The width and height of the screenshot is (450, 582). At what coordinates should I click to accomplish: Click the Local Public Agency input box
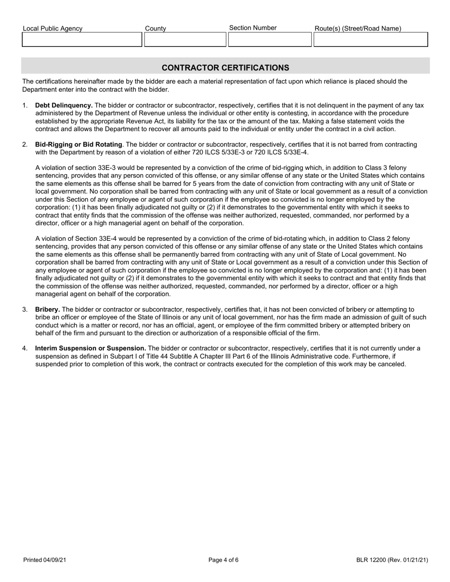click(82, 40)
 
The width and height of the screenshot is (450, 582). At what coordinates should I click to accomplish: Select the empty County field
click(185, 40)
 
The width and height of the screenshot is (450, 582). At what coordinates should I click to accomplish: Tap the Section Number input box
click(269, 40)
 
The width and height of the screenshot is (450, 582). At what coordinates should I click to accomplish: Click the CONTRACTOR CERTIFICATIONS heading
click(225, 68)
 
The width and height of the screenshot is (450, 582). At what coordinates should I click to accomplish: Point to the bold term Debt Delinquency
click(64, 106)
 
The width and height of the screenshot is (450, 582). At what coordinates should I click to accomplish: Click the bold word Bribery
click(47, 309)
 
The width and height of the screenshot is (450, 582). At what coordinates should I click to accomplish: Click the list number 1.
click(25, 106)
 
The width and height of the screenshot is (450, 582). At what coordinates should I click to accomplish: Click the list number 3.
click(25, 309)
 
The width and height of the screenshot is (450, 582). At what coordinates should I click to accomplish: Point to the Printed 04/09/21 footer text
click(45, 560)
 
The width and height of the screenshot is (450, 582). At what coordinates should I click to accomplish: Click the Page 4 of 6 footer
click(224, 560)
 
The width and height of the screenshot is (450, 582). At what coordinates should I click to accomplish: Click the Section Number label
click(252, 28)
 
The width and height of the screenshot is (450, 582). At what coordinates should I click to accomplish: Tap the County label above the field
click(155, 29)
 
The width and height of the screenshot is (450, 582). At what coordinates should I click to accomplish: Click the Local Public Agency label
click(52, 29)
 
